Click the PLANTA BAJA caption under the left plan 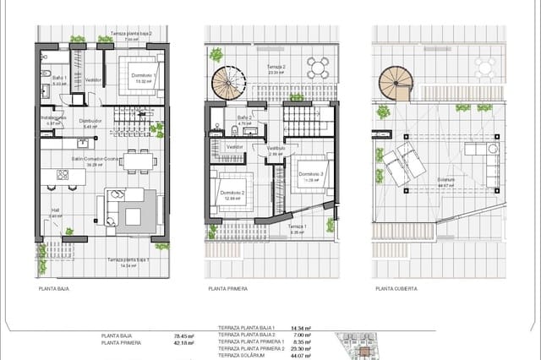pyautogui.click(x=53, y=288)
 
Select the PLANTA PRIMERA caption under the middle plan pyautogui.click(x=227, y=288)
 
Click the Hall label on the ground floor pyautogui.click(x=56, y=213)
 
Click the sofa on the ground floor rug pyautogui.click(x=118, y=208)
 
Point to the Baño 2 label pyautogui.click(x=245, y=119)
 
